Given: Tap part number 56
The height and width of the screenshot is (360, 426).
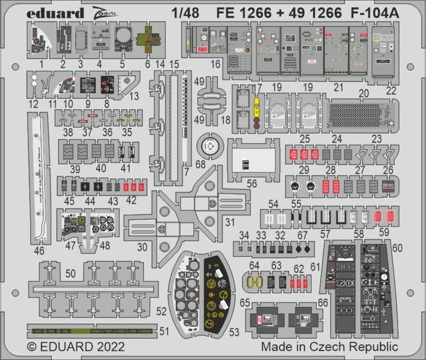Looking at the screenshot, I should [x=252, y=184].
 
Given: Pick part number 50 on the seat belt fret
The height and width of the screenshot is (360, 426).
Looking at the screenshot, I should [x=70, y=274].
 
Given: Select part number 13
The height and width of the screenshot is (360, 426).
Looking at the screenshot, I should [x=134, y=96].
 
